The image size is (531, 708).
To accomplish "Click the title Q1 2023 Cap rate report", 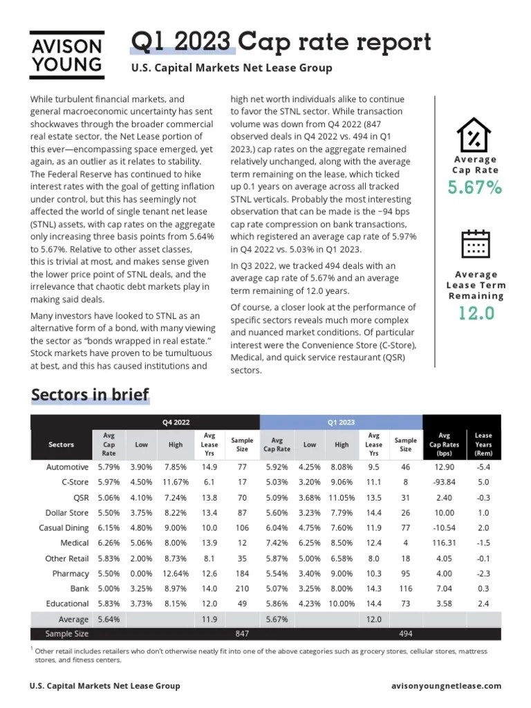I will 281,43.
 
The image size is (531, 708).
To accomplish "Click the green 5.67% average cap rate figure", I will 475,187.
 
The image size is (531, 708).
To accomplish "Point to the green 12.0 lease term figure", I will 476,313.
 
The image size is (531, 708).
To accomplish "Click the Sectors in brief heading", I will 90,395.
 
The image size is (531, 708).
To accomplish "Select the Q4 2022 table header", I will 176,422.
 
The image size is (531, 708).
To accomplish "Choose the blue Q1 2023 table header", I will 340,422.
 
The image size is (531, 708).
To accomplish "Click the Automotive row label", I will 68,467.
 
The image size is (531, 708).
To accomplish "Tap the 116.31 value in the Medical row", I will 445,543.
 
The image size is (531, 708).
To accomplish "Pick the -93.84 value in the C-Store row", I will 445,483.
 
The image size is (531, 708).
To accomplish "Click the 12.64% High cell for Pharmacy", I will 176,573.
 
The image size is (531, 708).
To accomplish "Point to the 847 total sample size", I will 242,633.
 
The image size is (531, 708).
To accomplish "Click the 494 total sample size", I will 406,633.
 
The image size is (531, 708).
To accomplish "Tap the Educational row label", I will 67,604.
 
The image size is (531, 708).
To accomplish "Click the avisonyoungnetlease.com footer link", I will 446,686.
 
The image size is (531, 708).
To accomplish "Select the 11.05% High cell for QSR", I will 342,498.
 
